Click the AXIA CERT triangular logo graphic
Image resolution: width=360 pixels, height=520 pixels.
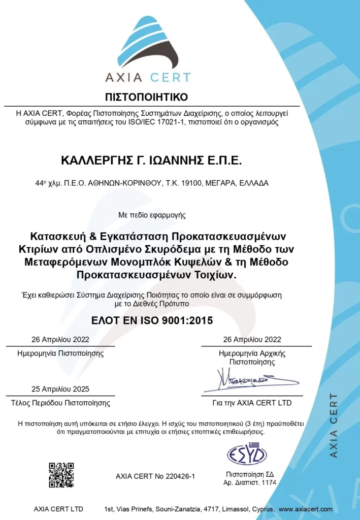pyautogui.click(x=148, y=43)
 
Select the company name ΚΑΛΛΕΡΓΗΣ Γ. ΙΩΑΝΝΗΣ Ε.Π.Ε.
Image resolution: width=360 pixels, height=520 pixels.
pyautogui.click(x=151, y=160)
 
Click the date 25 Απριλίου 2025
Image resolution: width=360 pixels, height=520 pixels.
pyautogui.click(x=60, y=389)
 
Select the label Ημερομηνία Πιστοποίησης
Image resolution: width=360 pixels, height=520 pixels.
pyautogui.click(x=60, y=353)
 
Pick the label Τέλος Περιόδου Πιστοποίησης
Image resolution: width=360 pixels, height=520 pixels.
pyautogui.click(x=60, y=403)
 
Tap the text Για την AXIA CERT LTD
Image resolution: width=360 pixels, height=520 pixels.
pyautogui.click(x=252, y=403)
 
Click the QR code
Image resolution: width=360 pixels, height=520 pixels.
pyautogui.click(x=61, y=475)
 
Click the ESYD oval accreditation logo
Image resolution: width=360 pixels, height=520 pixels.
pyautogui.click(x=247, y=454)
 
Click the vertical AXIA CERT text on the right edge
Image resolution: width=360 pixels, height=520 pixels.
pyautogui.click(x=334, y=425)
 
